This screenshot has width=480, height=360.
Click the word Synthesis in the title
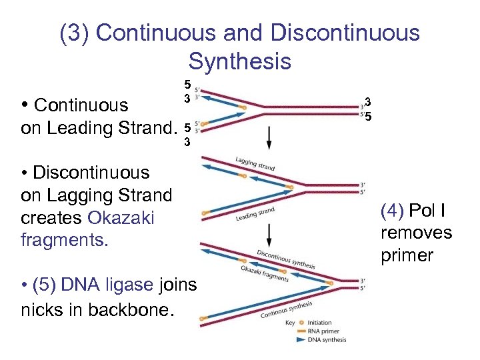pos(239,61)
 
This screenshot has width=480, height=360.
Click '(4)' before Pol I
pos(393,211)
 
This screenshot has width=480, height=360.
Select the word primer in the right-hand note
pos(407,256)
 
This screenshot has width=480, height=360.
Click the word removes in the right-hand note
pos(416,233)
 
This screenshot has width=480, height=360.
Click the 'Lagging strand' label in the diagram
pos(255,164)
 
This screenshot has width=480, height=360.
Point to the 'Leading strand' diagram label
pos(255,214)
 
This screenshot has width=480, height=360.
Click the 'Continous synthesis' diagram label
pos(286,309)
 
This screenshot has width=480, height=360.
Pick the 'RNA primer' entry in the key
pos(323,331)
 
